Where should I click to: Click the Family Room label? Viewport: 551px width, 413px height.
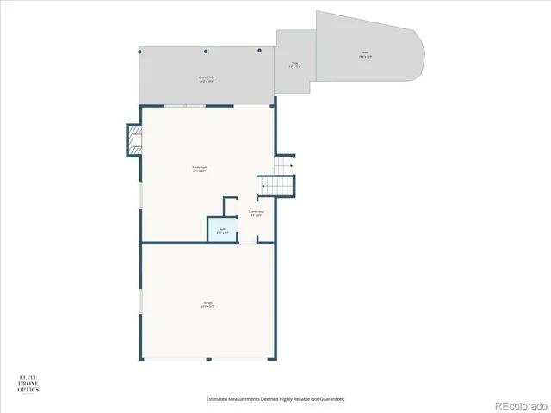click(x=200, y=170)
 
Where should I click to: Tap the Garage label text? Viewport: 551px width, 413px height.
click(x=208, y=303)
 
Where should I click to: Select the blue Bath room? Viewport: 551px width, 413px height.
click(x=221, y=230)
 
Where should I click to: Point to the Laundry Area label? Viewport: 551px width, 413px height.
click(x=257, y=213)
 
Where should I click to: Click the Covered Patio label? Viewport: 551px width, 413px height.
click(x=207, y=78)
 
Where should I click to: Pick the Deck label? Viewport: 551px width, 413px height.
click(x=294, y=64)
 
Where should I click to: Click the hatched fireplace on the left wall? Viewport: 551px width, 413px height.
click(x=134, y=139)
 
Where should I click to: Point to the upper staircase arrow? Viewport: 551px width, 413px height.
click(x=291, y=165)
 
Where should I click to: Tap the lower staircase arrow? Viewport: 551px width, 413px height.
click(x=263, y=182)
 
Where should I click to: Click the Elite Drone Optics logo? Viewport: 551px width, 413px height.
click(x=29, y=385)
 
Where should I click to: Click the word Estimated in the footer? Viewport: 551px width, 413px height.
click(x=218, y=399)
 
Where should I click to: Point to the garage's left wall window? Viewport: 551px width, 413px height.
click(x=141, y=300)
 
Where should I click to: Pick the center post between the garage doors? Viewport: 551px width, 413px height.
click(x=207, y=359)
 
